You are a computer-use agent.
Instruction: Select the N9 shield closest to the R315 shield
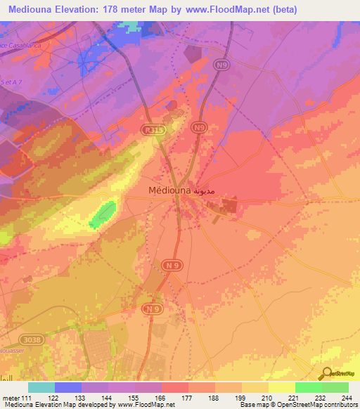click(200, 127)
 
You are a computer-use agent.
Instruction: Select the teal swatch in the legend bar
click(41, 387)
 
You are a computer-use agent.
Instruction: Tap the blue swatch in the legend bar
click(68, 387)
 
